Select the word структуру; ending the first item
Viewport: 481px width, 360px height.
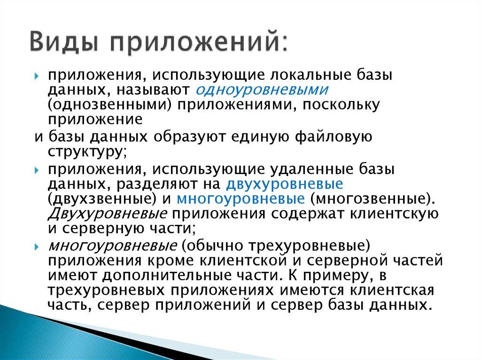point(87,152)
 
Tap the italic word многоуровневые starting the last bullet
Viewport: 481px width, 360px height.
point(112,245)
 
